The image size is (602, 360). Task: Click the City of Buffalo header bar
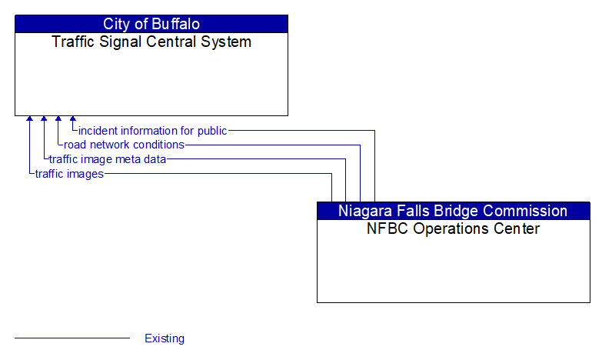[x=151, y=24]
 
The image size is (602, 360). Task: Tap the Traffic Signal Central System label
[x=151, y=42]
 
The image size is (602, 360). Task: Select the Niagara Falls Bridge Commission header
[x=454, y=211]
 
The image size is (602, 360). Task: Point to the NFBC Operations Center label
[x=454, y=229]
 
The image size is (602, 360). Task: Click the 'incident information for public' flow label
[x=152, y=131]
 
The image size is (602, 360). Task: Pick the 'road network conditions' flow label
[x=124, y=145]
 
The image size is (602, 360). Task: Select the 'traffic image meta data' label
[x=108, y=159]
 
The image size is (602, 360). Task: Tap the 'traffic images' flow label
[x=69, y=174]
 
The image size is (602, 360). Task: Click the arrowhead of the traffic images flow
[x=29, y=119]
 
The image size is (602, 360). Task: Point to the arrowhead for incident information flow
[x=73, y=119]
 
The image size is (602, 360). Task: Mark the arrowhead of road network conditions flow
[x=58, y=119]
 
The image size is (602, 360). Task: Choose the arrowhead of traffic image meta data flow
[x=44, y=119]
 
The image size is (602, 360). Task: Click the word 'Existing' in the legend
[x=165, y=338]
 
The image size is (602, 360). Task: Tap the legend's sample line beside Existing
[x=72, y=338]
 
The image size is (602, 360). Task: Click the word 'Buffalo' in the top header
[x=175, y=24]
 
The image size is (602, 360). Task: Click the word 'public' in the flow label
[x=211, y=131]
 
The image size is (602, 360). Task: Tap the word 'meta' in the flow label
[x=126, y=159]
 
